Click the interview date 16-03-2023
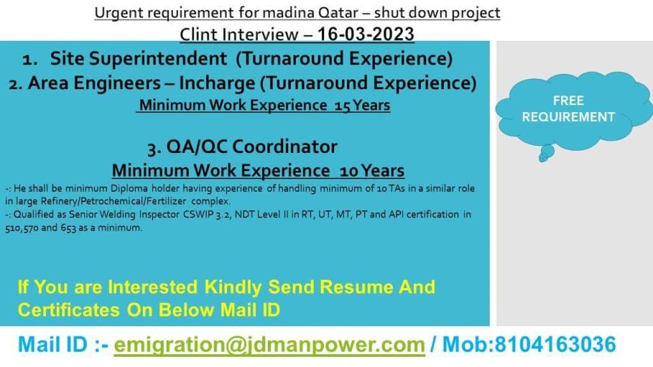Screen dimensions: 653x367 click(x=365, y=34)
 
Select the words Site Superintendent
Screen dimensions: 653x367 click(x=138, y=59)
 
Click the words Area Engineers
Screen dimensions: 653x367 click(x=94, y=83)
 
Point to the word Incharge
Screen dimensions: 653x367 click(x=217, y=83)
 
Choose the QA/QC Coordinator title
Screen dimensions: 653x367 click(x=251, y=147)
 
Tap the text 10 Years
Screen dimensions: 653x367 click(x=372, y=171)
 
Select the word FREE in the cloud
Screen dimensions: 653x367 click(x=568, y=101)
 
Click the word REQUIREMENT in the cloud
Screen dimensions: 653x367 click(x=568, y=117)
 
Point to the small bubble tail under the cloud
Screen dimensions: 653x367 click(x=546, y=153)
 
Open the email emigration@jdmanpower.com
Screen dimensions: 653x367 click(x=270, y=345)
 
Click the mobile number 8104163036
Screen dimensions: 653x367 click(x=555, y=345)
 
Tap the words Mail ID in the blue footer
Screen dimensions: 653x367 click(x=53, y=345)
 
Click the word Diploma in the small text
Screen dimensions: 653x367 click(x=129, y=189)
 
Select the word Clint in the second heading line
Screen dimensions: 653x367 click(x=198, y=34)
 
